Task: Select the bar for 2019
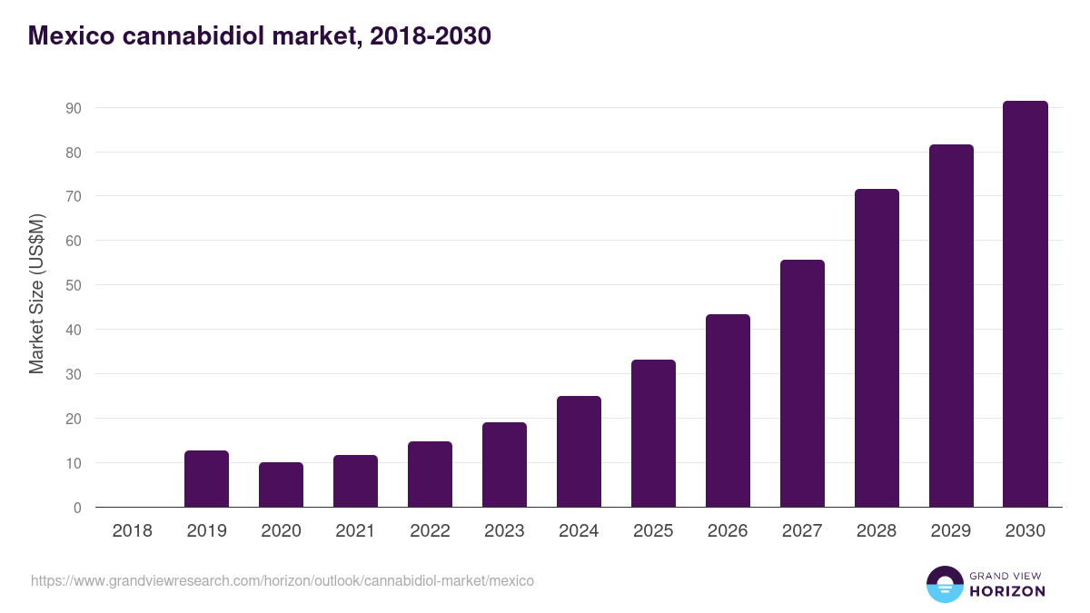pyautogui.click(x=206, y=479)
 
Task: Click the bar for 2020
pyautogui.click(x=281, y=485)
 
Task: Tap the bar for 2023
pyautogui.click(x=504, y=465)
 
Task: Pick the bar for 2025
pyautogui.click(x=653, y=433)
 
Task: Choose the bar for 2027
pyautogui.click(x=802, y=383)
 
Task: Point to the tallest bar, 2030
pyautogui.click(x=1026, y=304)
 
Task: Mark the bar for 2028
pyautogui.click(x=877, y=348)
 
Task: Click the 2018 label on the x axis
pyautogui.click(x=132, y=530)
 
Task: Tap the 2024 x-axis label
pyautogui.click(x=579, y=530)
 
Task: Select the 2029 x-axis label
pyautogui.click(x=951, y=530)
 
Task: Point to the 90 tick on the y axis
pyautogui.click(x=74, y=108)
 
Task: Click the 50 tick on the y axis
pyautogui.click(x=74, y=285)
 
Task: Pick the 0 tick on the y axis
pyautogui.click(x=77, y=508)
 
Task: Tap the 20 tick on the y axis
pyautogui.click(x=74, y=419)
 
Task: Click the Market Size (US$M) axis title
pyautogui.click(x=36, y=293)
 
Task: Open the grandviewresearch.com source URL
pyautogui.click(x=282, y=580)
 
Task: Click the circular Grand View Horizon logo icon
pyautogui.click(x=944, y=584)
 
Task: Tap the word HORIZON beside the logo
pyautogui.click(x=1007, y=591)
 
